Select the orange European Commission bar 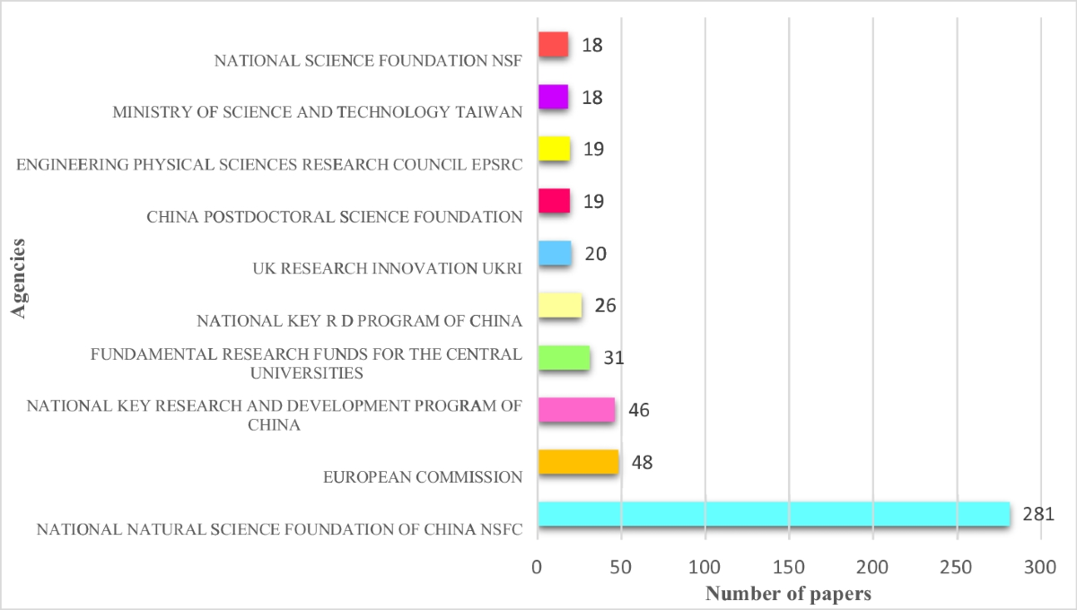(x=578, y=462)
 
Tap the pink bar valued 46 (x=576, y=410)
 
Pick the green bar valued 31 (x=564, y=358)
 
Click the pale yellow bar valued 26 (x=560, y=306)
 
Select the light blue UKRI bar (x=555, y=254)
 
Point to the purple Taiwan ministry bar (x=553, y=97)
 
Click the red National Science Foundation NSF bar (x=553, y=45)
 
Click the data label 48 (x=642, y=463)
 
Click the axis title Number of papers (x=788, y=593)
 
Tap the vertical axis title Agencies (x=19, y=275)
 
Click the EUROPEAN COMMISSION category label (x=423, y=477)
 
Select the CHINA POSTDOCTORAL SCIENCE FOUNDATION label (x=334, y=216)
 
